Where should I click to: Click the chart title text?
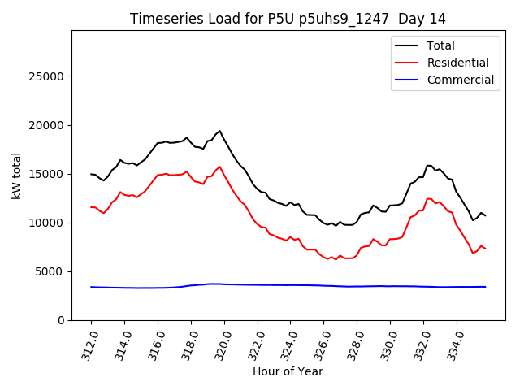click(x=288, y=19)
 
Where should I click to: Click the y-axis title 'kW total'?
click(x=16, y=175)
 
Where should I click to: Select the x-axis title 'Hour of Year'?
click(x=288, y=371)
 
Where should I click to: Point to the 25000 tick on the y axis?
click(x=48, y=76)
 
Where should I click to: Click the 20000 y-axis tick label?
click(x=48, y=125)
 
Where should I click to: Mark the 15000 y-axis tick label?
click(x=48, y=174)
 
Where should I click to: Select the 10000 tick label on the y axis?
click(x=48, y=223)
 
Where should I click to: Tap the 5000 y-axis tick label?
click(x=51, y=271)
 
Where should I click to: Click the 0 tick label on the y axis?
click(x=61, y=320)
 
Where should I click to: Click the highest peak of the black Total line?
click(x=219, y=131)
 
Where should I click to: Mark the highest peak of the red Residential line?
click(x=219, y=167)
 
